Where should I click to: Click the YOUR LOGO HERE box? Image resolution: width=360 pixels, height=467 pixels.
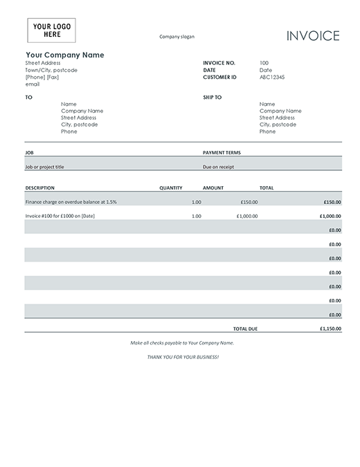51,30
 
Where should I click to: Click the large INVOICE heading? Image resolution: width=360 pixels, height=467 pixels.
313,36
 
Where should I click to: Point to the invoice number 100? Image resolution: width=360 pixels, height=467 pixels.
264,63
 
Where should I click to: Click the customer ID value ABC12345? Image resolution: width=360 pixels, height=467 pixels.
271,77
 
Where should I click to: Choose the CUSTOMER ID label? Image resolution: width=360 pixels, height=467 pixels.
219,77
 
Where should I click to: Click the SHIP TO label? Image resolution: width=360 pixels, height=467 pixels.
212,97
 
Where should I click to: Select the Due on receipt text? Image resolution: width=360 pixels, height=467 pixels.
218,167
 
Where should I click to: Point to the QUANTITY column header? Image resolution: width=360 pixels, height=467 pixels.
170,187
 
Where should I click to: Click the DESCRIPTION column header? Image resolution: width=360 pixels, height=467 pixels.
39,187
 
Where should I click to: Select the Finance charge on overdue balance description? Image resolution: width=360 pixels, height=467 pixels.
71,202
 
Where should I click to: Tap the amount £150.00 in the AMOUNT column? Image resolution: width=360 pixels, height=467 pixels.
249,202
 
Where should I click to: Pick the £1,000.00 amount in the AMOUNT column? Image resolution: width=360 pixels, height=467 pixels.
246,216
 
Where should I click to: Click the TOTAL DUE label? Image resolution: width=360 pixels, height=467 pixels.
245,329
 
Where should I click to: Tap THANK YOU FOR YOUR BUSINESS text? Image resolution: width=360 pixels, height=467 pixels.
183,356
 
